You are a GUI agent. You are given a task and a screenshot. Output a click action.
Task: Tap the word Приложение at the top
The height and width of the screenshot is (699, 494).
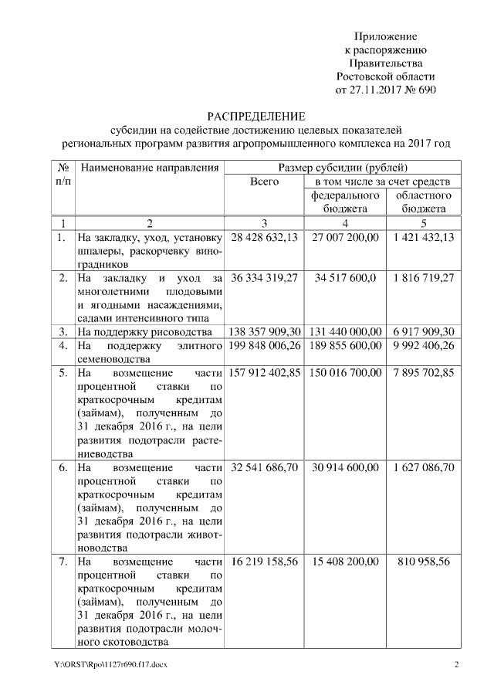386,37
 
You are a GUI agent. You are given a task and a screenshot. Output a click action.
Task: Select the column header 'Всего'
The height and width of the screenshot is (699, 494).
265,182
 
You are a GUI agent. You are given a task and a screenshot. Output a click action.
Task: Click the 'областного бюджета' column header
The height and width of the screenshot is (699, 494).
422,202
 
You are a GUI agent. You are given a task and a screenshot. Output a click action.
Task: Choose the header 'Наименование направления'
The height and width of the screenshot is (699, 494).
149,168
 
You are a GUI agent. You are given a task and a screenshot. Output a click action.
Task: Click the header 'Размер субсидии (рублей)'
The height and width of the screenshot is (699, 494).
343,168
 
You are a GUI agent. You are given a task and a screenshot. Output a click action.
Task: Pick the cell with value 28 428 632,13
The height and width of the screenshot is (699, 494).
265,237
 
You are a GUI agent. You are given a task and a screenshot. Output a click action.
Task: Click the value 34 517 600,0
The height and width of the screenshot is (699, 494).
343,277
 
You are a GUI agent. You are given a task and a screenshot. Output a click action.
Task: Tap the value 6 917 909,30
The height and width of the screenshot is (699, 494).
422,331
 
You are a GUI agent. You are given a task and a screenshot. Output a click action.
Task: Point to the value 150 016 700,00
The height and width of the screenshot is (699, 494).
343,372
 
